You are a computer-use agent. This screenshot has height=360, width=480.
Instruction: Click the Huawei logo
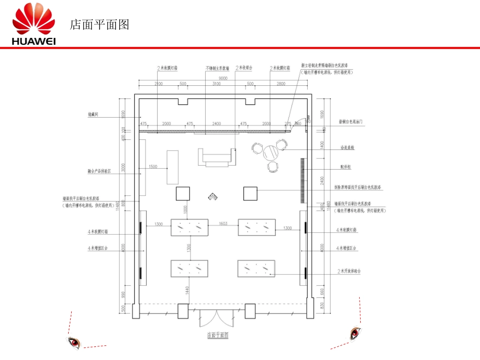34,25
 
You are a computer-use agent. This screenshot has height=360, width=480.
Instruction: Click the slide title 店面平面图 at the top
100,25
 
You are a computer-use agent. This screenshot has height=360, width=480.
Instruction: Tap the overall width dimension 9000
223,78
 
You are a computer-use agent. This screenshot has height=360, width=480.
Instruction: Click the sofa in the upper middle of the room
217,157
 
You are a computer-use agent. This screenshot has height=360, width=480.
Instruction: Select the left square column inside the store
182,194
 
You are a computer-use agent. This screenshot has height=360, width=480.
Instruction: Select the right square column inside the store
251,194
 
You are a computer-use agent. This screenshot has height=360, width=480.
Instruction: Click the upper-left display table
189,227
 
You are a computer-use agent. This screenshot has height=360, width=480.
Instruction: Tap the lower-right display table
257,268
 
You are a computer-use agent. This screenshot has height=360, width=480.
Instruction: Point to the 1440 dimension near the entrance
186,290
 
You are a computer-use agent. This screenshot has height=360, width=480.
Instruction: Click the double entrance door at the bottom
216,318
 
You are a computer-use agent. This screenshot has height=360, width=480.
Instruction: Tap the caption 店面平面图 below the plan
218,335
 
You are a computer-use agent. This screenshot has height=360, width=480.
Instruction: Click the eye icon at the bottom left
74,343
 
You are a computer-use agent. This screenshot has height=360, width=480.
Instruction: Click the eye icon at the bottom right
356,333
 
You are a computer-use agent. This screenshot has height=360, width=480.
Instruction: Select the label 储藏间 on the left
92,115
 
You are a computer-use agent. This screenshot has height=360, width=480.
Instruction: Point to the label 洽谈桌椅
347,148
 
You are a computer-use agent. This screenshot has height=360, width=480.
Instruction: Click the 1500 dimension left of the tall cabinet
153,167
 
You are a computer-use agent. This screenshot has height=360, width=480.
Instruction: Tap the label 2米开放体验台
350,271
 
